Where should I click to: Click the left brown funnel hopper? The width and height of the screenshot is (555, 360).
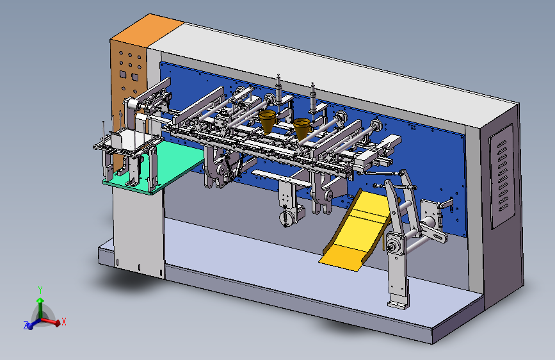(x=267, y=120)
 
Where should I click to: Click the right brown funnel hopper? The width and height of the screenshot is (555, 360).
(x=302, y=128)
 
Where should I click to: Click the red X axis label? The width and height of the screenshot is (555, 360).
(x=64, y=322)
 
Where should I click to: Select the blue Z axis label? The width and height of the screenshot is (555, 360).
(x=26, y=325)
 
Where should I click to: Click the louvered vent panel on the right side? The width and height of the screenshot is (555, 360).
(x=502, y=176)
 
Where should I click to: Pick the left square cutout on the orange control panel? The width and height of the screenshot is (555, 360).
(x=123, y=74)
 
